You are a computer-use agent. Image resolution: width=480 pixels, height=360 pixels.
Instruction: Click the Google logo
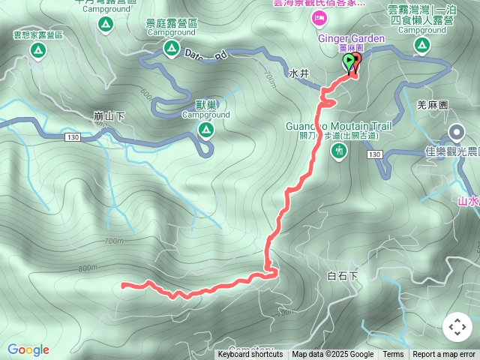click(28, 349)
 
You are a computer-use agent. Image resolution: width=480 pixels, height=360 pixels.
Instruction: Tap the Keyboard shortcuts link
click(250, 355)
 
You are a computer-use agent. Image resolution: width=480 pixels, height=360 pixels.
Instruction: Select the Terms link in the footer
click(393, 355)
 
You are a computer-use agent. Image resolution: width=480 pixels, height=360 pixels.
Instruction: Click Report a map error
click(444, 355)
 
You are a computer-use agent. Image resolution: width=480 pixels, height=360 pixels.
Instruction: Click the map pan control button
click(457, 327)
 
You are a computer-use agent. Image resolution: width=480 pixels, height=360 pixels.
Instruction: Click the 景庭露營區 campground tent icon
click(171, 49)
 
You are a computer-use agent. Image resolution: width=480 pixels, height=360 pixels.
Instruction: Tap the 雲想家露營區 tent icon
click(37, 51)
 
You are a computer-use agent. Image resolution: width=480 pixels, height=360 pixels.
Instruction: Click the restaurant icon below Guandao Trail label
click(339, 151)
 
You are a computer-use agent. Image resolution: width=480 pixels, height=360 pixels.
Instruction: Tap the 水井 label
click(298, 75)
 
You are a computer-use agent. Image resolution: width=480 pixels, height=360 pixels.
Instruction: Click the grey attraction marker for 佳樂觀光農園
click(456, 134)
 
